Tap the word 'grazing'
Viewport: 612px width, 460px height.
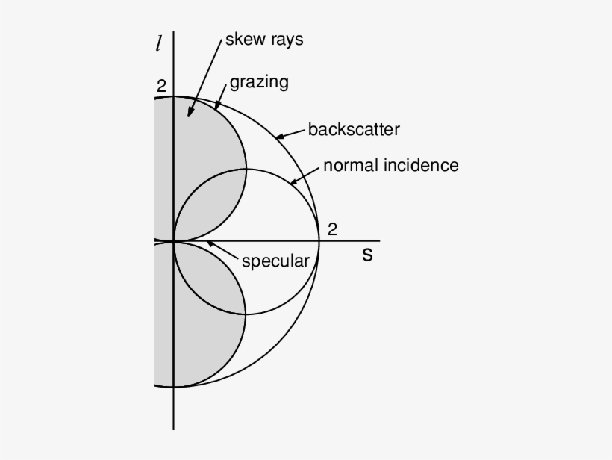(259, 81)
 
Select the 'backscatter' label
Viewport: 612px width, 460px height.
(354, 129)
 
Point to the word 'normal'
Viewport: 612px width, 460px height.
(349, 165)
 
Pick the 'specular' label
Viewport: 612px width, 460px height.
(275, 261)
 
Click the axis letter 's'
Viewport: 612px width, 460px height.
(367, 255)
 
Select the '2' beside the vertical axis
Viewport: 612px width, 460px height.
(161, 86)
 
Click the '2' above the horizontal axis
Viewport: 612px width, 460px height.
(332, 229)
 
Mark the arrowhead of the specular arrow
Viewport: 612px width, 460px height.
(209, 243)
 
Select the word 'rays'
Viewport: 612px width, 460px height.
(287, 40)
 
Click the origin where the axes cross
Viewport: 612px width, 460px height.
(173, 241)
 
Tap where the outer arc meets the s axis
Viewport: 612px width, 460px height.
(319, 241)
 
